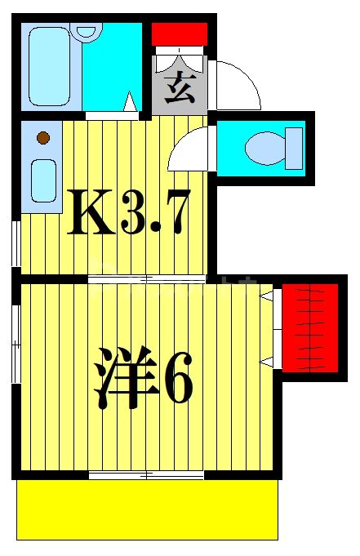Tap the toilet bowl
click(264, 148)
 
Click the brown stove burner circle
click(43, 138)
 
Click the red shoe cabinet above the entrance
click(180, 34)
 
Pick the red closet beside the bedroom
click(310, 326)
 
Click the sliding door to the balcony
click(145, 474)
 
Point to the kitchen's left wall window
click(16, 242)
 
